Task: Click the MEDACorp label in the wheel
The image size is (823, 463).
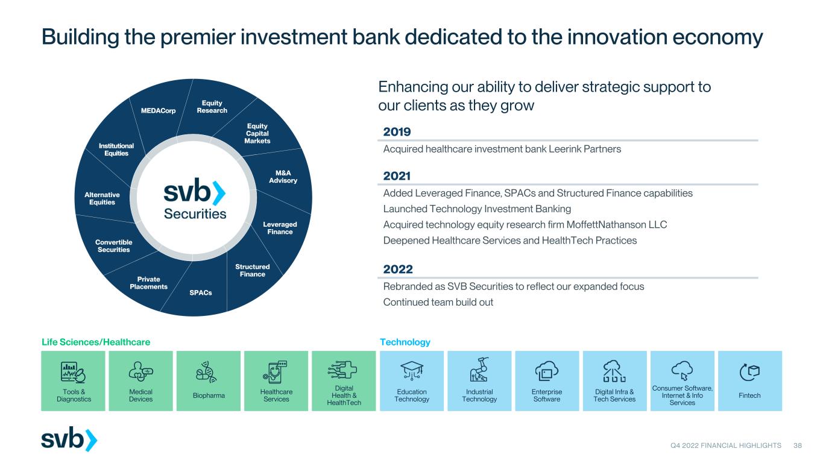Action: (x=159, y=110)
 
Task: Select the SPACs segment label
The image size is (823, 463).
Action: (x=201, y=293)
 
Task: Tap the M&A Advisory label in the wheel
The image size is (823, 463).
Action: (x=283, y=177)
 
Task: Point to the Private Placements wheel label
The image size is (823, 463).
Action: (x=148, y=283)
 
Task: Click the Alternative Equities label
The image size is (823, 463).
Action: (x=102, y=198)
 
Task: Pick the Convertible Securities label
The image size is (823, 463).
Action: (x=113, y=246)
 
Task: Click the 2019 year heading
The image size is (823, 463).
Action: (x=397, y=131)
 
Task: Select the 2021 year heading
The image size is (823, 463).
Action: (x=397, y=175)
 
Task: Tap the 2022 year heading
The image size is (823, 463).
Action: (x=398, y=269)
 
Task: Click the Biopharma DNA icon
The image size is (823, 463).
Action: (x=206, y=372)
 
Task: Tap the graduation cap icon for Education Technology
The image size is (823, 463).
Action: (x=411, y=370)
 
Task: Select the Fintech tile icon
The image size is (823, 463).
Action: (x=749, y=372)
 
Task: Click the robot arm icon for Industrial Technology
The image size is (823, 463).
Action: (x=479, y=370)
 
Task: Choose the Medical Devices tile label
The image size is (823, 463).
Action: (x=140, y=395)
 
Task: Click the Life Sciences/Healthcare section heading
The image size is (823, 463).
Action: (x=96, y=342)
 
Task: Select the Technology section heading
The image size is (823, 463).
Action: (x=405, y=342)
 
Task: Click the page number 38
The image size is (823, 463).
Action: (x=797, y=446)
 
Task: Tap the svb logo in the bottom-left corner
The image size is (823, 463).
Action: (x=69, y=439)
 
